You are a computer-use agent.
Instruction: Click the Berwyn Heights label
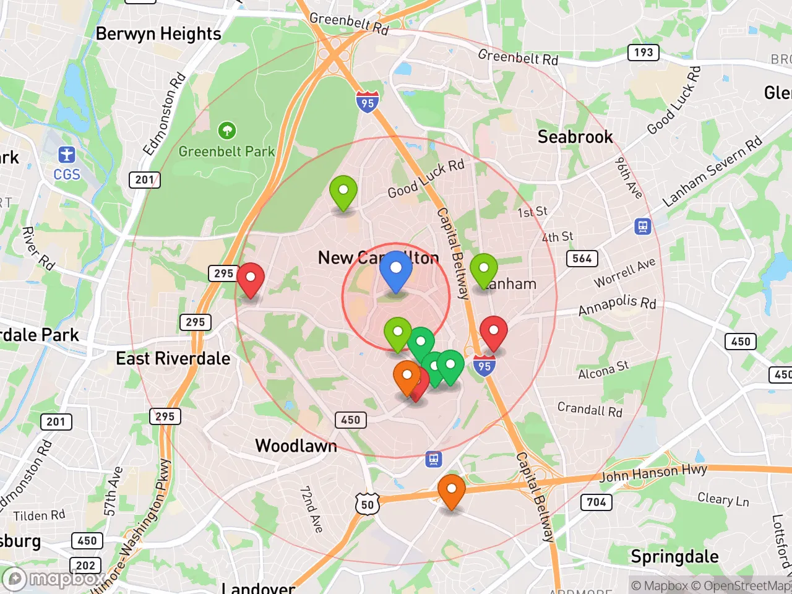coord(158,34)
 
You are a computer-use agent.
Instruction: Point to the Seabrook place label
coord(575,137)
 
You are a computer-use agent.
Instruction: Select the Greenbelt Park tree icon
coord(227,131)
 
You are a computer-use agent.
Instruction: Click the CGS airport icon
coord(67,155)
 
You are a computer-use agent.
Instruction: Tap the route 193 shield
coord(643,53)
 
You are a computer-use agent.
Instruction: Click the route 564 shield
coord(582,259)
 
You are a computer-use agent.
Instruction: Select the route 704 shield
coord(596,502)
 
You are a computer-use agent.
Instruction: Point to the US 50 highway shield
coord(368,504)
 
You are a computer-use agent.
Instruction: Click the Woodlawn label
coord(296,445)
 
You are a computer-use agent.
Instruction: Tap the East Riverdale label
coord(173,358)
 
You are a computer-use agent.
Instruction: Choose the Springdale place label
coord(674,556)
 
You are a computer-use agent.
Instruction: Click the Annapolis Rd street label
coord(617,304)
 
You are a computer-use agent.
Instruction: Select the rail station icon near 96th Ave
coord(643,226)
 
